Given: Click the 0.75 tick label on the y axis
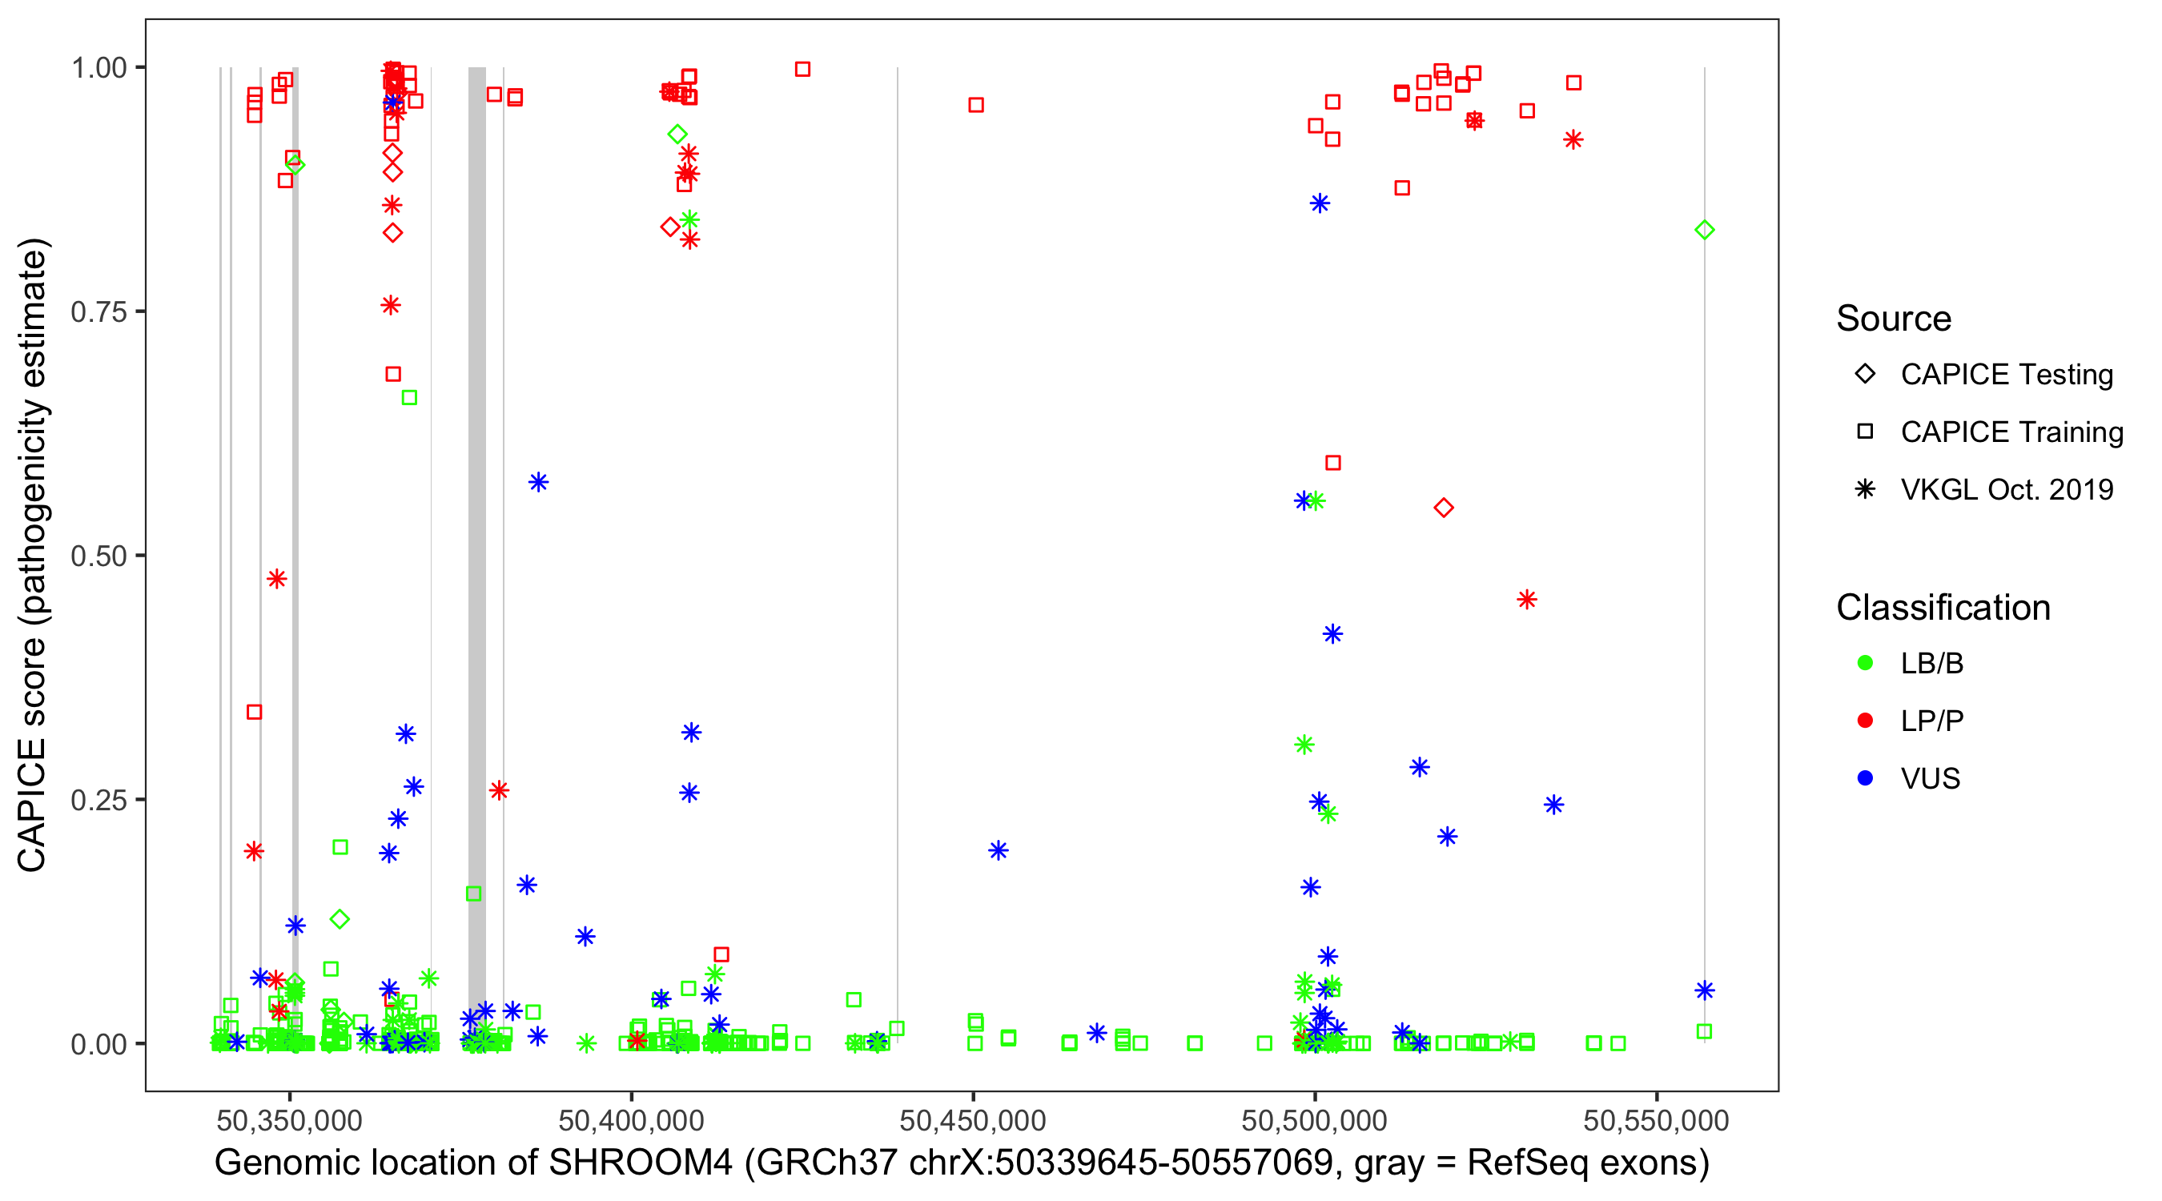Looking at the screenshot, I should pos(98,312).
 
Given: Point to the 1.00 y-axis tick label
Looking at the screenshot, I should pos(98,68).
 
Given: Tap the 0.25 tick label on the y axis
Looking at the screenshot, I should pos(98,800).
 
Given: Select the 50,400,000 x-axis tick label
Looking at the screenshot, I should pos(631,1120).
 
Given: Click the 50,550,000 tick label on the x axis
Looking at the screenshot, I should pos(1656,1120).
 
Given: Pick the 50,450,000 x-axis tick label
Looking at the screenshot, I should pos(973,1120).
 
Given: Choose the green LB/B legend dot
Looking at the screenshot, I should pos(1865,663).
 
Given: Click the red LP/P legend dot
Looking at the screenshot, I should pos(1865,721).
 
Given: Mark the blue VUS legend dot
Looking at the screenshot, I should pos(1865,778).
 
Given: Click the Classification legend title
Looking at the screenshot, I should pos(1943,608).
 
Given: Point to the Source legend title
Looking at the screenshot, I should pos(1894,319).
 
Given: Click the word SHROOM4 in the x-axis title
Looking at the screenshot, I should pos(641,1163).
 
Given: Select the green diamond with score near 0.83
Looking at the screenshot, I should pos(1704,230).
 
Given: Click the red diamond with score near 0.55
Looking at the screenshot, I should pos(1443,508).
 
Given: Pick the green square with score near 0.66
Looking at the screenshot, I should pos(408,398).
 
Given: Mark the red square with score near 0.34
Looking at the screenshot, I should pos(255,713).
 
